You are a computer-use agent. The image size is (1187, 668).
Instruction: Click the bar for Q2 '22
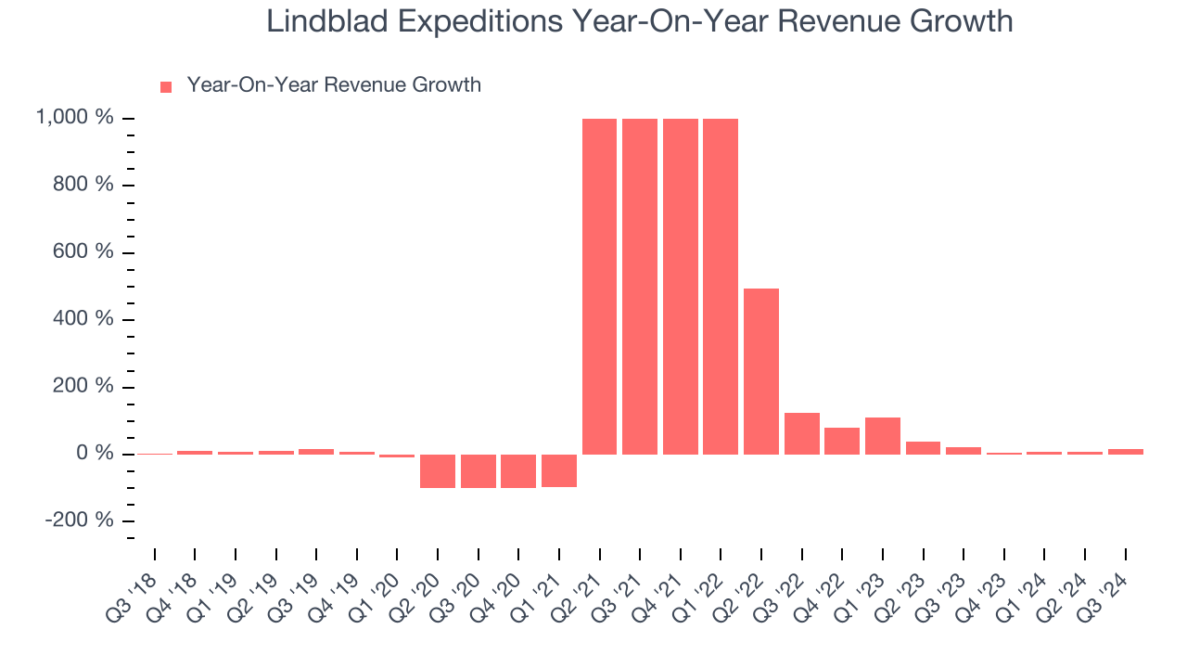761,372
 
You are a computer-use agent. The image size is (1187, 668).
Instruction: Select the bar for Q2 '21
599,287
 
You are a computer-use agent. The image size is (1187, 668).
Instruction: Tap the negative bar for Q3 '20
479,471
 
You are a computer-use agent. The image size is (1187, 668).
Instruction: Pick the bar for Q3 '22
802,433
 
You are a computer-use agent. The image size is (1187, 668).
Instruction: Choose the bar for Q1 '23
883,436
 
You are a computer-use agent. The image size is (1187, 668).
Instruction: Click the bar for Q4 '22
842,441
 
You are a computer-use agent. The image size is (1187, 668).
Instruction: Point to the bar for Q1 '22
721,287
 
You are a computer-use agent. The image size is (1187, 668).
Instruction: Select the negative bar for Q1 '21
559,470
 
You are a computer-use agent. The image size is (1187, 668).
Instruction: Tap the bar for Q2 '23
923,448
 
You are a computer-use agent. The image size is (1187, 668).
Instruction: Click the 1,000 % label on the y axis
74,117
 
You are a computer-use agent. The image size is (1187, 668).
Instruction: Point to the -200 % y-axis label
80,520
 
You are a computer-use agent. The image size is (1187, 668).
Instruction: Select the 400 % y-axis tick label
83,318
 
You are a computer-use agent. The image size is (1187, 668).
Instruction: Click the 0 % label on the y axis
95,453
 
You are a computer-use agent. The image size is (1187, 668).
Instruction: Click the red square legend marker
166,87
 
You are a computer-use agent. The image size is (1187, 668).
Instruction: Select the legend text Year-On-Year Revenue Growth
334,84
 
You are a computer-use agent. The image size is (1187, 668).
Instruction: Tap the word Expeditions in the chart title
480,22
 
